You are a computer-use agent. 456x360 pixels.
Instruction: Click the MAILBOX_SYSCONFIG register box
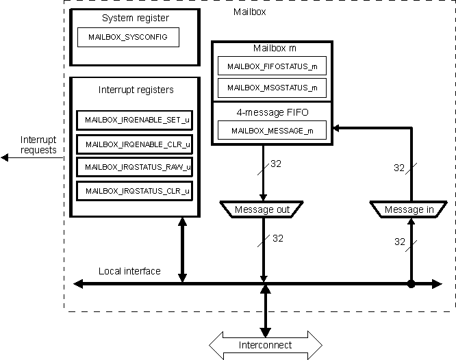coord(128,37)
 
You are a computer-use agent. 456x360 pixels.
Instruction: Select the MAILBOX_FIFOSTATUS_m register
coord(272,66)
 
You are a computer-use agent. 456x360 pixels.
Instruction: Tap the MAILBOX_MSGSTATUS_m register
coord(272,88)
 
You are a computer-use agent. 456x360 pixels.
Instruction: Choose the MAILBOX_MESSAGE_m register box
coord(272,130)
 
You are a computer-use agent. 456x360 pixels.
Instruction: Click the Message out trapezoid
coord(262,209)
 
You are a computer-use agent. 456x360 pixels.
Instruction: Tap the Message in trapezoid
coord(409,209)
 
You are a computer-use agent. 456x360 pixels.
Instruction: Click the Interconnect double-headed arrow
coord(266,345)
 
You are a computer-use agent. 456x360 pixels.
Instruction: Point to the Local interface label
coord(129,271)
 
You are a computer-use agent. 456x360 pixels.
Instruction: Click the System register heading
coord(135,18)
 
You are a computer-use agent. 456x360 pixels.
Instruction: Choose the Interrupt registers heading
coord(136,90)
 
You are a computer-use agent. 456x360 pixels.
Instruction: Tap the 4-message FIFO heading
coord(272,111)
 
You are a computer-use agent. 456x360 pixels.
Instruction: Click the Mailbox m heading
coord(272,49)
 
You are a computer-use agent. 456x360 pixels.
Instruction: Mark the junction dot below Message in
coord(411,283)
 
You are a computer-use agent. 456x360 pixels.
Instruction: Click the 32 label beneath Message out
coord(278,239)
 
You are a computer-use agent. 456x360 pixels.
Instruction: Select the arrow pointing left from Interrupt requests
coord(14,157)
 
